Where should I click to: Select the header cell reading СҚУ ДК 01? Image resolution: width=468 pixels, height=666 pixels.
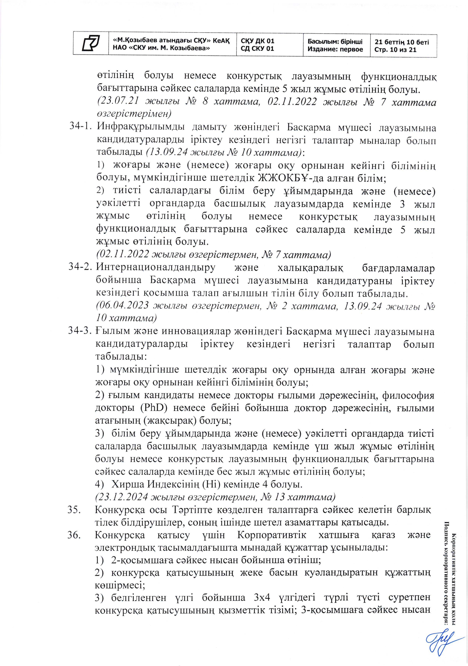(x=257, y=41)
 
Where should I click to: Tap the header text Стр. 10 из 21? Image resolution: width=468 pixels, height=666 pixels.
(x=395, y=50)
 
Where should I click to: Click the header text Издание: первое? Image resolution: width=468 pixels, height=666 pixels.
(x=335, y=50)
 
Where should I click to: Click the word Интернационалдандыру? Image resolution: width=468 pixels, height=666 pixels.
(x=155, y=268)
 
